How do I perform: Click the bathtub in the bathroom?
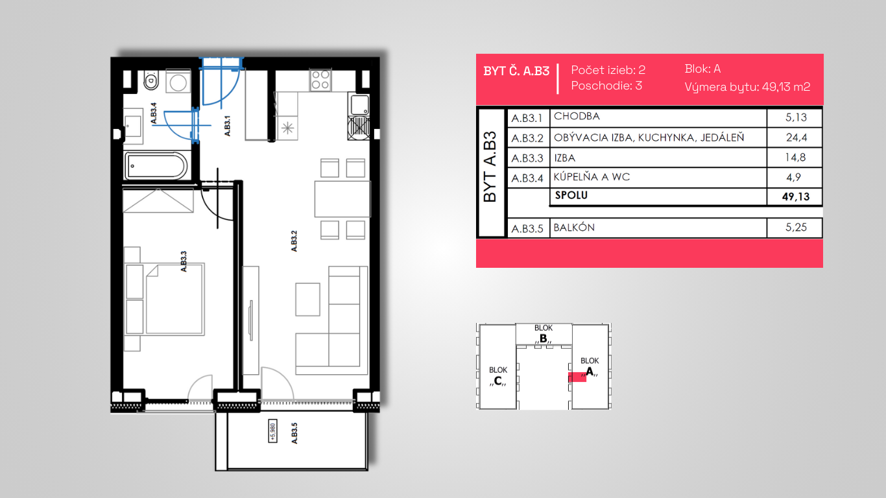pyautogui.click(x=156, y=166)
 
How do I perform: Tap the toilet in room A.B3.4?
pyautogui.click(x=151, y=80)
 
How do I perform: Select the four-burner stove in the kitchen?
pyautogui.click(x=321, y=80)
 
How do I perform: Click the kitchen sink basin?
pyautogui.click(x=359, y=104)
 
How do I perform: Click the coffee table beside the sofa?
pyautogui.click(x=307, y=299)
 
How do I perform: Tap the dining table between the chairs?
pyautogui.click(x=342, y=199)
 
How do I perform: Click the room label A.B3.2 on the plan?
pyautogui.click(x=294, y=241)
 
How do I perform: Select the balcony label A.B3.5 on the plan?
pyautogui.click(x=294, y=433)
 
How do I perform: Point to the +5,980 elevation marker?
pyautogui.click(x=272, y=431)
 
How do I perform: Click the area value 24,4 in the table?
pyautogui.click(x=796, y=137)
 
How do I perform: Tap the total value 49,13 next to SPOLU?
pyautogui.click(x=796, y=196)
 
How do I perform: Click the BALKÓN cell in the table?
pyautogui.click(x=574, y=228)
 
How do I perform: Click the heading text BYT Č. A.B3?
pyautogui.click(x=516, y=71)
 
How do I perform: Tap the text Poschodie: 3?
pyautogui.click(x=606, y=86)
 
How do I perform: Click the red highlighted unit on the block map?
pyautogui.click(x=577, y=377)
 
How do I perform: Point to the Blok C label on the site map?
pyautogui.click(x=498, y=376)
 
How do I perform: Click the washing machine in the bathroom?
pyautogui.click(x=178, y=82)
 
